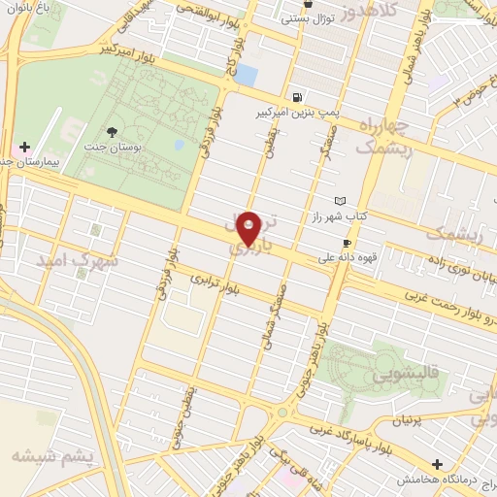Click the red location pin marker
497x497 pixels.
(x=248, y=227)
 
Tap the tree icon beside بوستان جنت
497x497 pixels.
(x=114, y=132)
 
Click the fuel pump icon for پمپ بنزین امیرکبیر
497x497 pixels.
(x=296, y=97)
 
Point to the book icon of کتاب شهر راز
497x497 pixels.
(x=340, y=201)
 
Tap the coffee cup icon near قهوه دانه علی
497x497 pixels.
(x=347, y=243)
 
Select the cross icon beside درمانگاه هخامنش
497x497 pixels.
(x=438, y=465)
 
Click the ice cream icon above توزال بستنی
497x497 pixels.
(x=308, y=4)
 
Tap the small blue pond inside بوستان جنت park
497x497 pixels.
(x=179, y=146)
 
